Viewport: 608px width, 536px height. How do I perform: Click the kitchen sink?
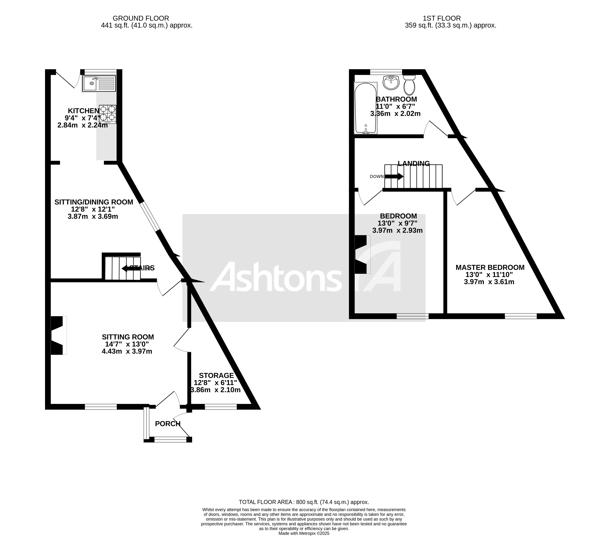pos(99,83)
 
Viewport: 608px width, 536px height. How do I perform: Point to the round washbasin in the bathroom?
pos(391,82)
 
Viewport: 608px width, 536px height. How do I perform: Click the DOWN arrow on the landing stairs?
pos(394,176)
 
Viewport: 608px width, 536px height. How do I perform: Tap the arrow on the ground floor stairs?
pos(128,269)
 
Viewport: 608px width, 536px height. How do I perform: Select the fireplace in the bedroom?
pos(362,254)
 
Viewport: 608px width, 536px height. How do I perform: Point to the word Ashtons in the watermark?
pos(276,277)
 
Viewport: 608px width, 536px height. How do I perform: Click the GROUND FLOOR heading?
pos(141,18)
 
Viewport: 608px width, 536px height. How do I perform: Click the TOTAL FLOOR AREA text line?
pos(304,502)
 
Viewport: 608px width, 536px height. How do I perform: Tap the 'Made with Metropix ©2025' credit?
pos(304,533)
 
